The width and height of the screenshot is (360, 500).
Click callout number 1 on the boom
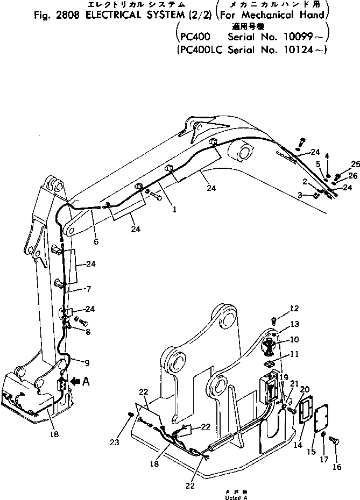tap(174, 211)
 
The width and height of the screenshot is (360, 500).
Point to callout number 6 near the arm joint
tap(96, 242)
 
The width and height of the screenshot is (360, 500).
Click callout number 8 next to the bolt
tap(88, 332)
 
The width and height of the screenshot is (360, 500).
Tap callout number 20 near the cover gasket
tap(304, 389)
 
